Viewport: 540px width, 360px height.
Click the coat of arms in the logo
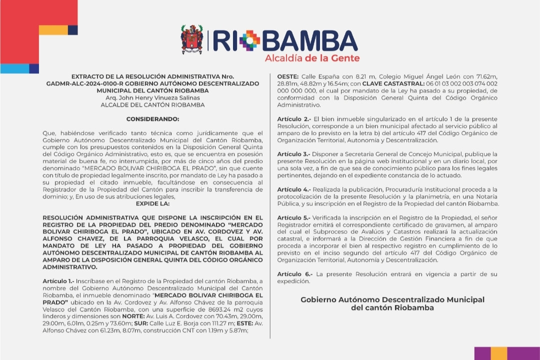click(192, 40)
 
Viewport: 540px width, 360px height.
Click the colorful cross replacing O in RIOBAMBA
click(249, 40)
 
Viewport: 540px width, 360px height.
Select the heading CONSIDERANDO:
click(152, 119)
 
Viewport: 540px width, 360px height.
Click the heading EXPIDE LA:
click(152, 204)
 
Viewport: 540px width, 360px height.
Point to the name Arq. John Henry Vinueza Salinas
click(152, 98)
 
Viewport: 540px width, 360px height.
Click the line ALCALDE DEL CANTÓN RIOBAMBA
click(152, 105)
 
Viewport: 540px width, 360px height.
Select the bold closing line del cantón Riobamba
click(392, 308)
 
